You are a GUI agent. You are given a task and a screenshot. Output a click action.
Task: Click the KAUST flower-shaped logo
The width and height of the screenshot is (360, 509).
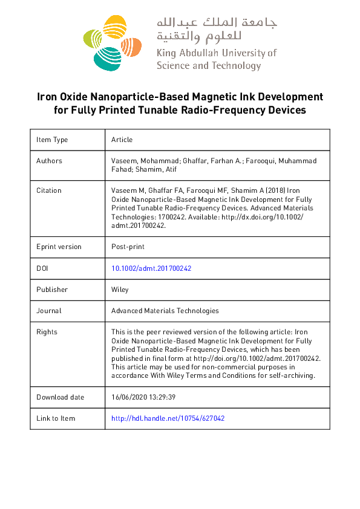click(x=112, y=42)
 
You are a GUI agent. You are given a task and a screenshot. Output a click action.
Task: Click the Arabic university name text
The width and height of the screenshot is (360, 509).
click(x=217, y=28)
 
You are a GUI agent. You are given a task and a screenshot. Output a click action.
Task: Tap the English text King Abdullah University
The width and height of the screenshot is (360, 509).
click(x=216, y=53)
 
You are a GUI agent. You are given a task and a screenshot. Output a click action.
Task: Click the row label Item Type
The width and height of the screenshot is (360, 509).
click(x=52, y=140)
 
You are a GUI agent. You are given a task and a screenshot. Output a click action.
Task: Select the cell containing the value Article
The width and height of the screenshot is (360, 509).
click(x=122, y=140)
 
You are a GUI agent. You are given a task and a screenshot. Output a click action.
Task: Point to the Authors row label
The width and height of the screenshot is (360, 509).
click(x=49, y=161)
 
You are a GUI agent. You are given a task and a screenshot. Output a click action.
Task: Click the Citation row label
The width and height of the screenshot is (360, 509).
click(x=50, y=190)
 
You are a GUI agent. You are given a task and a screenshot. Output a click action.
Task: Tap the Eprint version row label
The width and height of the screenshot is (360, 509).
click(x=59, y=247)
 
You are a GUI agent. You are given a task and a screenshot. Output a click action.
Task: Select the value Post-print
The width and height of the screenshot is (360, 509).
click(x=128, y=247)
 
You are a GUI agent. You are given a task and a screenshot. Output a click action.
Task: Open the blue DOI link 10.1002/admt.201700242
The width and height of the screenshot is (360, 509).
click(x=151, y=268)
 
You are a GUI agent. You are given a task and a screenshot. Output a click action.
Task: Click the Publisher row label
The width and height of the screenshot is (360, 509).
click(x=52, y=290)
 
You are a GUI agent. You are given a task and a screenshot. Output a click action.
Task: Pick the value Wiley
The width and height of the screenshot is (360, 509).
click(x=120, y=290)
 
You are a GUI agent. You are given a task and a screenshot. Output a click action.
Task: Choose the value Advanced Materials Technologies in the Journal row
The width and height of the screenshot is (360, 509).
click(x=165, y=311)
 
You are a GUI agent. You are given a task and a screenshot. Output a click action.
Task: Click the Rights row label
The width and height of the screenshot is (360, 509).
click(x=47, y=332)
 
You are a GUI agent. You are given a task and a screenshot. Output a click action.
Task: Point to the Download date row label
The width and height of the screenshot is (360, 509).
click(x=60, y=397)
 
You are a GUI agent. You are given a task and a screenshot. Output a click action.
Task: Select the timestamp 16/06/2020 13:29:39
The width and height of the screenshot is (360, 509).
click(x=143, y=397)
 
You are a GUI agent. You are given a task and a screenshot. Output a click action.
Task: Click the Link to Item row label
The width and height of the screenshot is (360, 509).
click(x=56, y=418)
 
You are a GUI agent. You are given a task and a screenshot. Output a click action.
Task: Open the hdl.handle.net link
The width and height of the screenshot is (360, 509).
click(x=168, y=418)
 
